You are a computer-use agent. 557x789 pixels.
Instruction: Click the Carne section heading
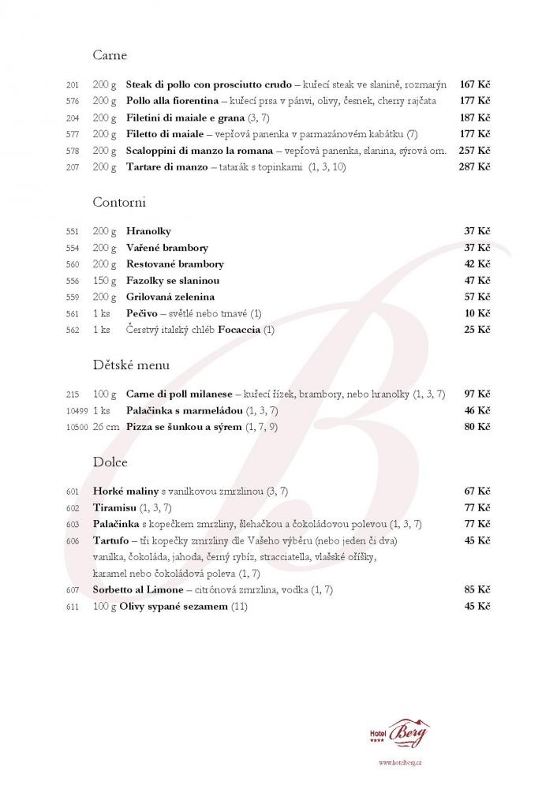[110, 56]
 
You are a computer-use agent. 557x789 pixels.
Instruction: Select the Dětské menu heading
[130, 365]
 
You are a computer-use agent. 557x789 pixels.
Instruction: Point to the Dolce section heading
[110, 462]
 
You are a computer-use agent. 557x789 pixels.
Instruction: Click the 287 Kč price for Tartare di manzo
[475, 167]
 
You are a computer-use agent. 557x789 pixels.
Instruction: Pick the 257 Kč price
[475, 151]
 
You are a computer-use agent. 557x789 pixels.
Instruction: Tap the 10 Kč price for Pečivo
[477, 314]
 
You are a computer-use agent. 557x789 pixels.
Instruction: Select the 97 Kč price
[477, 394]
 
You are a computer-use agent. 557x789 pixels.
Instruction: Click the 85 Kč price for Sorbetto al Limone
[477, 589]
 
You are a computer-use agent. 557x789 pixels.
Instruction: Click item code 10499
[75, 411]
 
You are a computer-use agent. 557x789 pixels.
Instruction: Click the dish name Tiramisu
[115, 507]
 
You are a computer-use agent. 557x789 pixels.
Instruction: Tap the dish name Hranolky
[148, 232]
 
